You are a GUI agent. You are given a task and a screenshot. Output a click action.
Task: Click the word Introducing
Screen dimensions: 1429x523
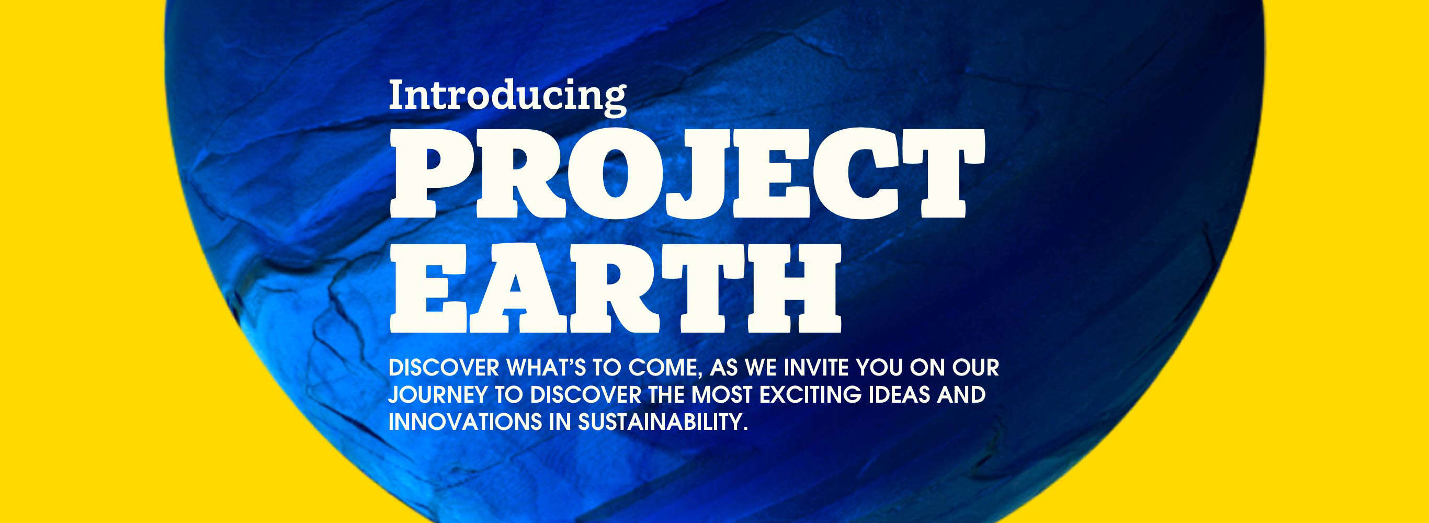[x=507, y=98]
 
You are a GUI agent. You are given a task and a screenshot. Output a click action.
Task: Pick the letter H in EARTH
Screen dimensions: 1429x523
[x=794, y=288]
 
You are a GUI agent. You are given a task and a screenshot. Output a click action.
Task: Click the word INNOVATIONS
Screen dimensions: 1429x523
[x=465, y=422]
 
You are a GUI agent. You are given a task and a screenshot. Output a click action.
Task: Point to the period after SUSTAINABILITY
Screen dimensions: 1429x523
[x=745, y=429]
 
